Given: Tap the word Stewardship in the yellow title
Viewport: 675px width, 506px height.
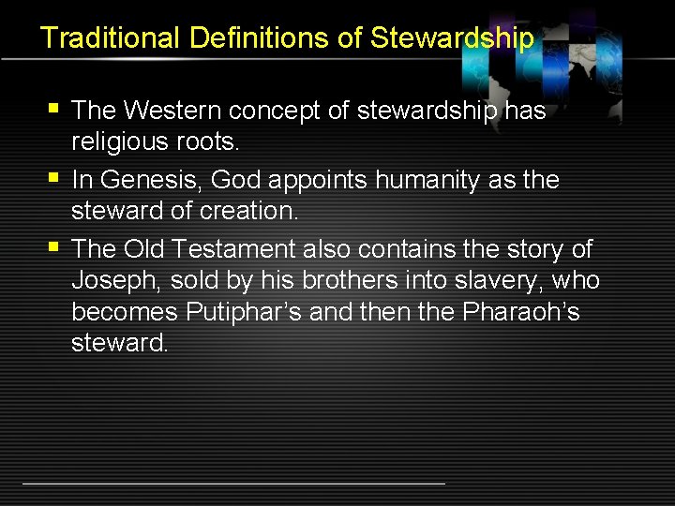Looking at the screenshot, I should [453, 38].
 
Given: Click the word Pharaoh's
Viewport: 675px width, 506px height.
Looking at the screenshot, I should [521, 312].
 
